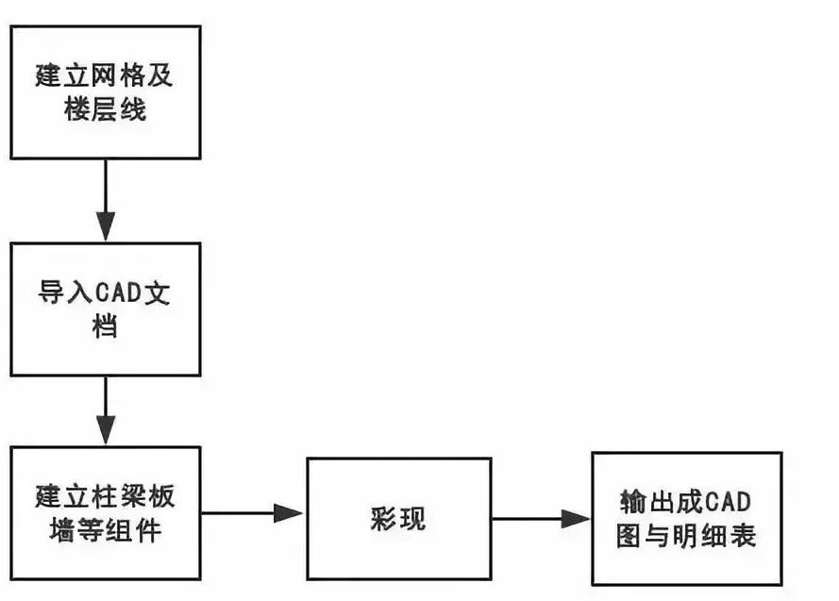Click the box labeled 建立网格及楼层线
tap(105, 92)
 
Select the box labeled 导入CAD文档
tap(105, 309)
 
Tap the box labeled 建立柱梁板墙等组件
tap(105, 513)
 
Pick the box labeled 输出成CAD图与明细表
tap(686, 519)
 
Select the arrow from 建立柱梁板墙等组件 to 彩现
tap(252, 513)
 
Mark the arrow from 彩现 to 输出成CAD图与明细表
tap(540, 518)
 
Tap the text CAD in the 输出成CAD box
tap(727, 500)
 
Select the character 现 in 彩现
tap(412, 519)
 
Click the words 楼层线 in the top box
tap(105, 110)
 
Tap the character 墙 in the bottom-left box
tap(51, 531)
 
